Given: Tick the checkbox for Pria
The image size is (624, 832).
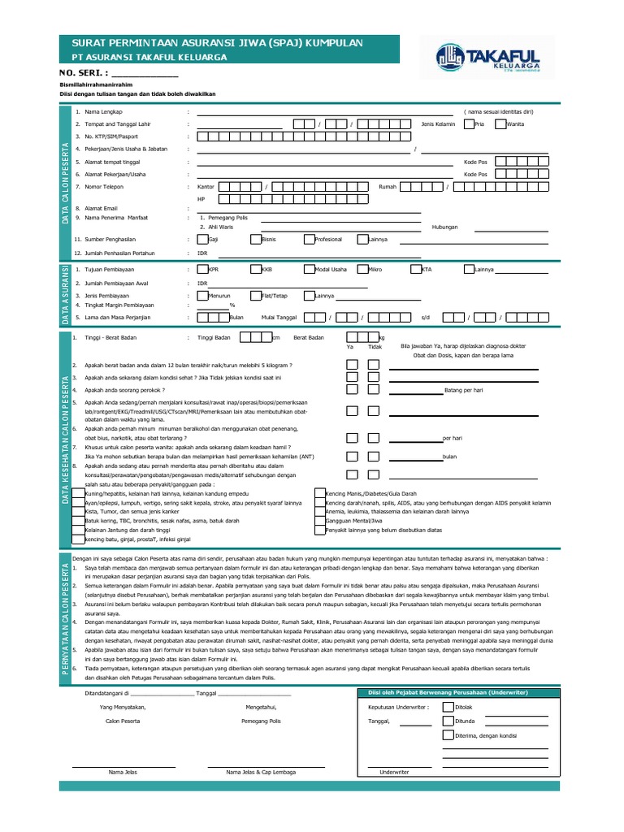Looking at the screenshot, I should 469,124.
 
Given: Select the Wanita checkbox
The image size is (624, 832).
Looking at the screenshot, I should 500,124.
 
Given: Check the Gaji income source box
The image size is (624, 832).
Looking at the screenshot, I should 202,240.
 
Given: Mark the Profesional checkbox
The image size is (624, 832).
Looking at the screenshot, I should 310,240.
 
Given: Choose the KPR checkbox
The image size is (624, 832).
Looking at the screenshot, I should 202,269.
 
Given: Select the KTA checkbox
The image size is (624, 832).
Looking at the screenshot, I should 416,269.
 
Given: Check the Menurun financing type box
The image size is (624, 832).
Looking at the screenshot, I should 202,295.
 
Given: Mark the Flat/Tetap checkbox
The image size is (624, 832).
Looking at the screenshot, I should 256,295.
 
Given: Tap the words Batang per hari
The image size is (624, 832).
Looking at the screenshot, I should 465,390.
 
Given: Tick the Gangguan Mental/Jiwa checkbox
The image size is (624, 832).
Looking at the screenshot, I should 319,521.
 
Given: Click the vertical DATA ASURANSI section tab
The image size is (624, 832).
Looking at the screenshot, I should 64,293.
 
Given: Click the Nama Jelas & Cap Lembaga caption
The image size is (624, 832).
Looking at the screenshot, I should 262,772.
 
